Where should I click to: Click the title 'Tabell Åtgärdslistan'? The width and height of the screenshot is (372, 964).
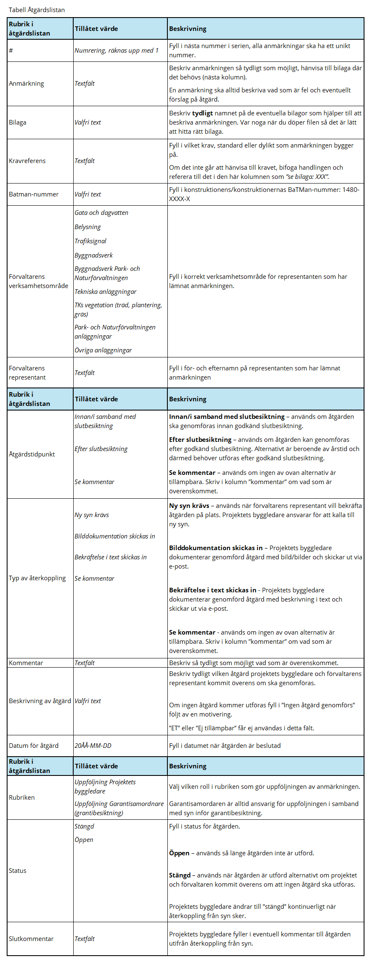[37, 10]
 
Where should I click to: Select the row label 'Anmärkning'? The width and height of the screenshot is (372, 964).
[26, 84]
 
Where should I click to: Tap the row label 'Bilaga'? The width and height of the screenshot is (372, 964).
[18, 122]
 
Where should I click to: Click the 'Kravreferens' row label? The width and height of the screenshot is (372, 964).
[27, 161]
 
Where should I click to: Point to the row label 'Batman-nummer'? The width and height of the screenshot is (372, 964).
[33, 194]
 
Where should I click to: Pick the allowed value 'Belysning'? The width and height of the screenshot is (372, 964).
[87, 227]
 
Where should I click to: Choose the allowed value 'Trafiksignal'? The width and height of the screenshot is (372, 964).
[90, 241]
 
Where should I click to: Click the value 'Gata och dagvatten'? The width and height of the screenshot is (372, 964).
[101, 213]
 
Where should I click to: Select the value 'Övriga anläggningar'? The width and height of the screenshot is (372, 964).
[103, 350]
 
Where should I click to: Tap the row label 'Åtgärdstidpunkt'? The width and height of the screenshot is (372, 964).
[32, 454]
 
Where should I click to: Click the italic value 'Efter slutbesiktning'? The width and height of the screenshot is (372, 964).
[101, 449]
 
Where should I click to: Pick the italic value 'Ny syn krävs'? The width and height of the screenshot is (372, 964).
[92, 515]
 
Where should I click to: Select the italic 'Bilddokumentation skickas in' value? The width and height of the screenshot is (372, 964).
[115, 536]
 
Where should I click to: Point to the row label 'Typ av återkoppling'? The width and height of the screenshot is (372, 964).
[37, 578]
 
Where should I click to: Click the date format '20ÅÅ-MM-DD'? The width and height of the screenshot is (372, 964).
[93, 746]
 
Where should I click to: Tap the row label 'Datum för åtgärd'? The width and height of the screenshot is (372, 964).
[33, 746]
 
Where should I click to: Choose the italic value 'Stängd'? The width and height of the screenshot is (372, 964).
[84, 826]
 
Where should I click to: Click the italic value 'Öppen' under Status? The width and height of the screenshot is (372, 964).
[84, 840]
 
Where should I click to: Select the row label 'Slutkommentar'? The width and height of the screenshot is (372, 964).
[31, 939]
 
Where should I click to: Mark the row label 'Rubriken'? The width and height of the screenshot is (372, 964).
[22, 798]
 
